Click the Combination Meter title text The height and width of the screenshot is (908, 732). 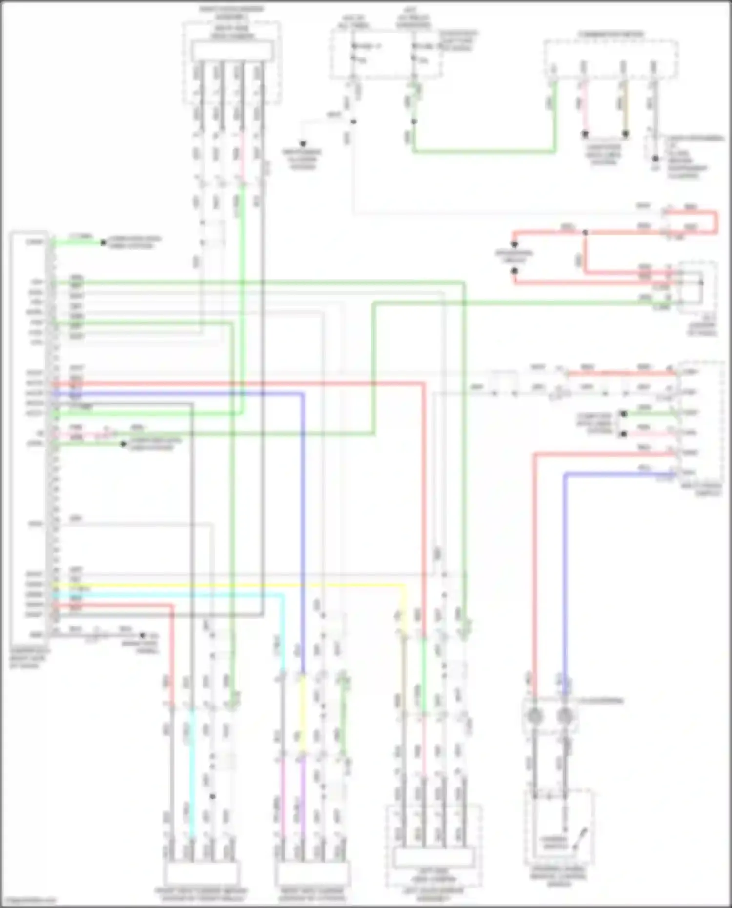click(610, 34)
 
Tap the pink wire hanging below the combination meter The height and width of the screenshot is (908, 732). click(584, 107)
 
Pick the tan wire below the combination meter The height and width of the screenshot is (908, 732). click(624, 107)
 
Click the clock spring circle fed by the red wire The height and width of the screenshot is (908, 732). click(535, 716)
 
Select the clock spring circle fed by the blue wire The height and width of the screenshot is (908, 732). click(565, 716)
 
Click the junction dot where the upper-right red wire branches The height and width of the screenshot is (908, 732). click(585, 232)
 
